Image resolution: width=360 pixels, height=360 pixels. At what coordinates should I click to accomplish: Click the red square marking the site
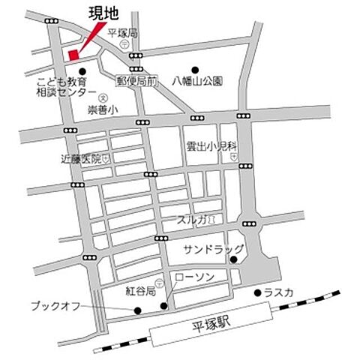(73, 54)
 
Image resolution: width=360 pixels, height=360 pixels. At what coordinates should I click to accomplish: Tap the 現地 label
(103, 13)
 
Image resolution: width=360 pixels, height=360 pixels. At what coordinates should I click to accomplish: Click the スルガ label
(192, 220)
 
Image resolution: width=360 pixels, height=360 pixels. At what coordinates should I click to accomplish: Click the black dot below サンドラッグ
(233, 260)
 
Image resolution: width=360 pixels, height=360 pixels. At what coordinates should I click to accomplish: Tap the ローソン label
(193, 277)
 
